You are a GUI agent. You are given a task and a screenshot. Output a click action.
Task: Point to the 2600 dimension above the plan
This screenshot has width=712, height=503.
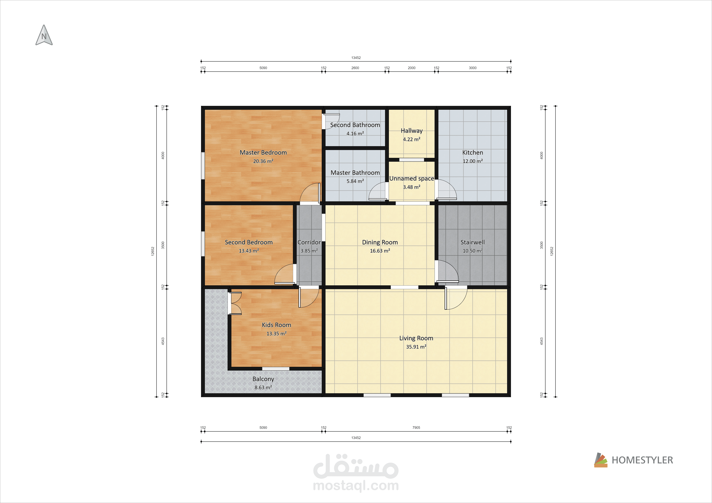pos(355,68)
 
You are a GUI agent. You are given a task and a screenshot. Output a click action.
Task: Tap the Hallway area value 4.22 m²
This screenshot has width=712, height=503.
pos(411,139)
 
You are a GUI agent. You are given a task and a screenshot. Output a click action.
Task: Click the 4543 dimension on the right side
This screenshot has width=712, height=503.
pos(541,341)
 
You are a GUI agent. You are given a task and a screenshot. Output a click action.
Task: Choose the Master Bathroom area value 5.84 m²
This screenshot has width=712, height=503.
pos(355,181)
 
